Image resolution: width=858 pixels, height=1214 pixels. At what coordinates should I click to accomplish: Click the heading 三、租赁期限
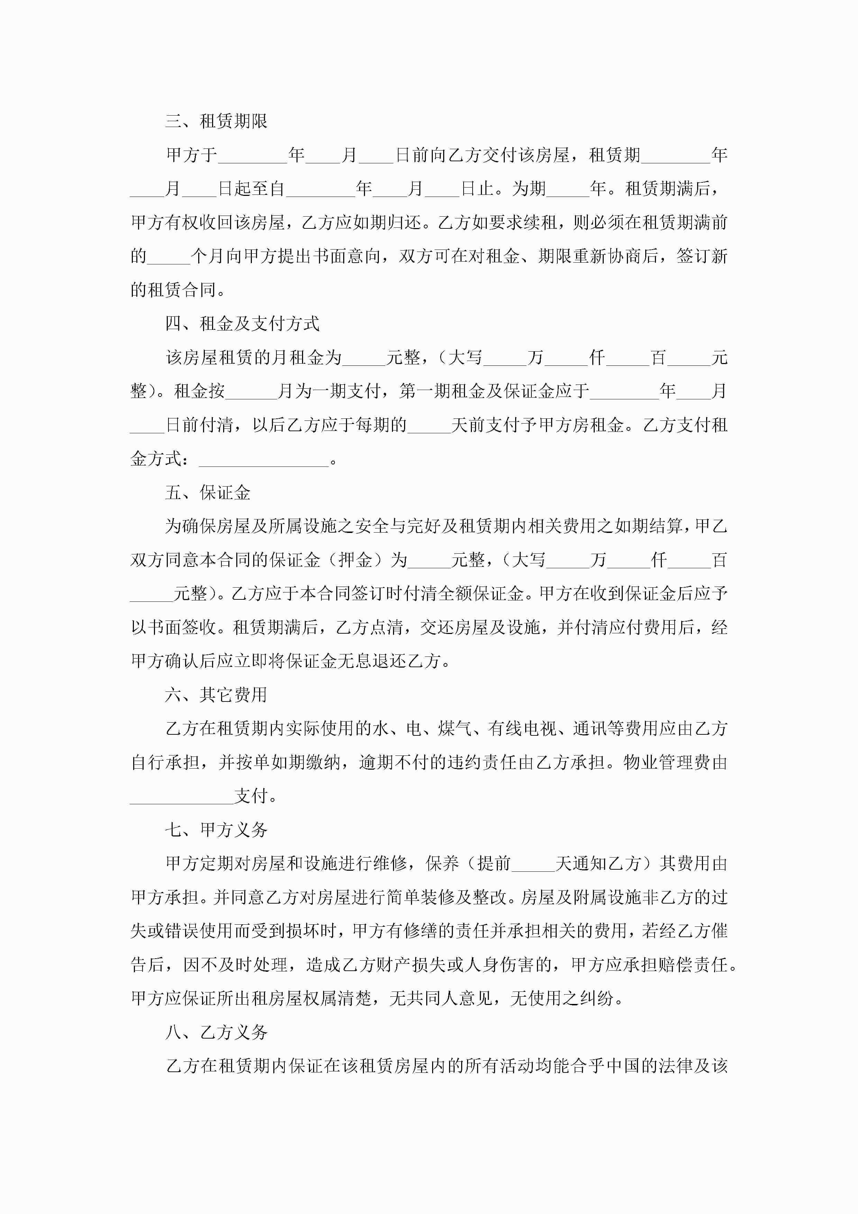point(216,121)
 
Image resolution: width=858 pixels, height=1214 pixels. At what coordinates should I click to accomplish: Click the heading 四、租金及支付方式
point(242,324)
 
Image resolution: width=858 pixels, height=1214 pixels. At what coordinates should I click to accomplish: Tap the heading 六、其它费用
point(216,695)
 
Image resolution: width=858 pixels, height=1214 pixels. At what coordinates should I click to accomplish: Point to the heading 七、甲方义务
point(216,830)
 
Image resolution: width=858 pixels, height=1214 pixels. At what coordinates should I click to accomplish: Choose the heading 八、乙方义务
point(216,1032)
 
